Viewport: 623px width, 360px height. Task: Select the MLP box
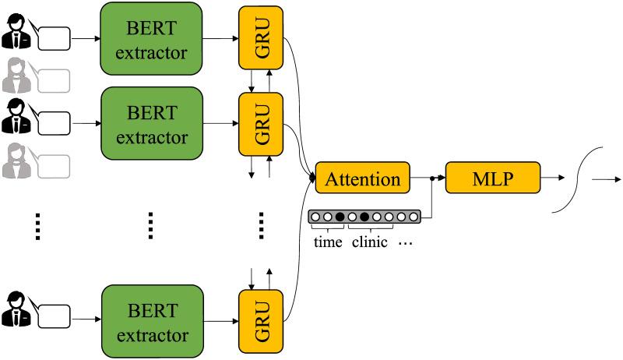492,178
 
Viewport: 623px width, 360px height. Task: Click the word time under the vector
327,242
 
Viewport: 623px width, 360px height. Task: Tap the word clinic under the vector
370,242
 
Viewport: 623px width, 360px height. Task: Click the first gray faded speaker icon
15,76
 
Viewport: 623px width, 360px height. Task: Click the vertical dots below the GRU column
262,226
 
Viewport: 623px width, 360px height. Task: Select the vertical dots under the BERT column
152,226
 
